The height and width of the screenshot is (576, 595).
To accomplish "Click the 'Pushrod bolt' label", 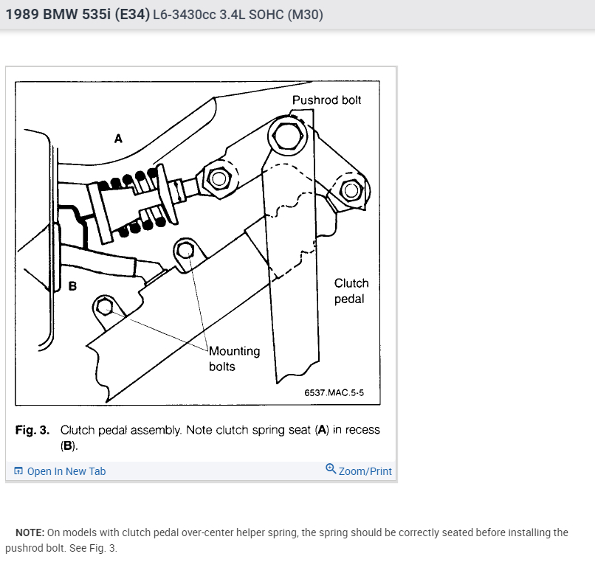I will pos(326,100).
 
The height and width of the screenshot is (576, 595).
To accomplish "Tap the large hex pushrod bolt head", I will pos(285,135).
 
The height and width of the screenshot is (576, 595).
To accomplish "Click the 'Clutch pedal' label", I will pos(351,291).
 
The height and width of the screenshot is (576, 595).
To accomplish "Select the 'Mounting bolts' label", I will pos(234,358).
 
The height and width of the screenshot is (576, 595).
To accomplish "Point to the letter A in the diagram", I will pos(118,138).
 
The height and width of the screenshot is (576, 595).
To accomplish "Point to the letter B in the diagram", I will pos(72,286).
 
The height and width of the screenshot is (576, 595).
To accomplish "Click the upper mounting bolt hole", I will pos(185,251).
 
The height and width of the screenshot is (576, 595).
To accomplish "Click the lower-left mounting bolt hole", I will pos(105,305).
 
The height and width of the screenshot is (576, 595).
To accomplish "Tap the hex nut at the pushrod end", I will pos(218,178).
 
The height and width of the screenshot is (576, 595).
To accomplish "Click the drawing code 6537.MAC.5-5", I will pos(334,393).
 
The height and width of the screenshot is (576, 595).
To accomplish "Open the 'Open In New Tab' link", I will pos(66,471).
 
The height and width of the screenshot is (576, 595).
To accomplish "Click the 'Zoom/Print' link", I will pos(365,471).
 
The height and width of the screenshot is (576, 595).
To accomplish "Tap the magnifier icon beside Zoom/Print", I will pos(331,469).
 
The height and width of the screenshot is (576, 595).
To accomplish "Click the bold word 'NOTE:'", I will pos(30,532).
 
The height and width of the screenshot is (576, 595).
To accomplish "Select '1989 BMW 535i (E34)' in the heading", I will pos(77,14).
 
